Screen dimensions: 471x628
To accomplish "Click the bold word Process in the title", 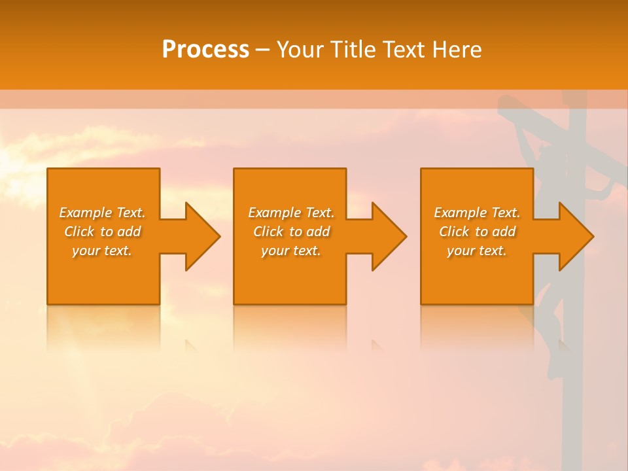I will pos(205,49).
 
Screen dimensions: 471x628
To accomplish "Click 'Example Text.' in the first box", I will pos(103,213).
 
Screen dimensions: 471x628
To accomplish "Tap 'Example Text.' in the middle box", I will pos(291,213).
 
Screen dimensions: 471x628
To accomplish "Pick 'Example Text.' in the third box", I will pos(477,213).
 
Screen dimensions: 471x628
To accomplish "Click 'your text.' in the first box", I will pos(103,251).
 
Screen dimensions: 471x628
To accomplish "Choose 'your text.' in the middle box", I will pos(291,251).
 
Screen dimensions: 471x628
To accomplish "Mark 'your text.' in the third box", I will pos(477,251).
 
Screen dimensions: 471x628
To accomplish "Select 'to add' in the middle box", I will pos(309,232).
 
